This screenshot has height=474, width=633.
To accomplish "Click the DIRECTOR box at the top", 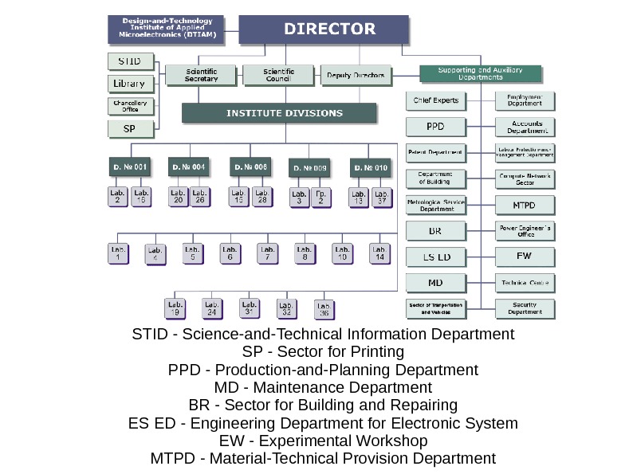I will tap(330, 29).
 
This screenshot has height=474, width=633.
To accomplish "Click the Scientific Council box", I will tap(279, 75).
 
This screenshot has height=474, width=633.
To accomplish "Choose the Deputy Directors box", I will tap(356, 76).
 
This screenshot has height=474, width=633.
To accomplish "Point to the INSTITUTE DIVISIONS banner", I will tap(279, 113).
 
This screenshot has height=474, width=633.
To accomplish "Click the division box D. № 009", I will tap(309, 168).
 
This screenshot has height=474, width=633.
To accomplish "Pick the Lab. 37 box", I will tap(382, 198).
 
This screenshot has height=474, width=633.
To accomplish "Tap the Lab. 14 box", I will tap(380, 254).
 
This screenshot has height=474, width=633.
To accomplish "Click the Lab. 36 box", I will tap(324, 310).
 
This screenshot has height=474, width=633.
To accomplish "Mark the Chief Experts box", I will tap(435, 101).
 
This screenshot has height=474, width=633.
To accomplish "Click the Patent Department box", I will tap(435, 152).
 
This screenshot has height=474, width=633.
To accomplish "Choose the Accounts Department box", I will tap(525, 127).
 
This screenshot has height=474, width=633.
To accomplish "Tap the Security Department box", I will tap(525, 309).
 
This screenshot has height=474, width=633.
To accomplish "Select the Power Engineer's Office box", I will tap(525, 231).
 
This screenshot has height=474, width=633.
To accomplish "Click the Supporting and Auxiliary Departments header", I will tap(481, 74).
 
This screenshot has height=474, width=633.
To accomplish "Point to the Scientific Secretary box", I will tap(201, 75).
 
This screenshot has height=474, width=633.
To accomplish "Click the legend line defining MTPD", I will tap(323, 458).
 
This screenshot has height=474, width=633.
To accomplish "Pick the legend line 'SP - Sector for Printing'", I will tap(323, 351).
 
